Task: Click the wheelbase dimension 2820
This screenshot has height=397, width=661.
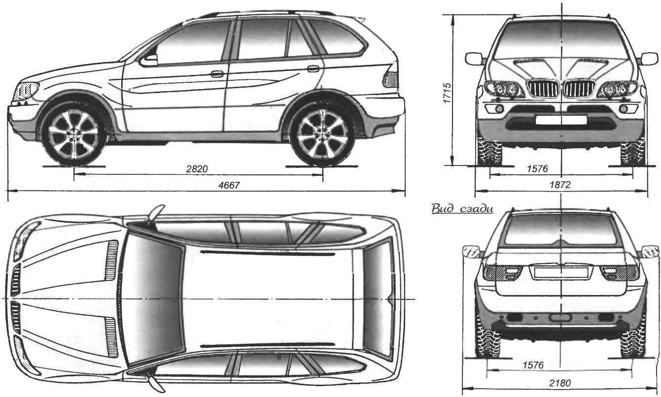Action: pyautogui.click(x=197, y=168)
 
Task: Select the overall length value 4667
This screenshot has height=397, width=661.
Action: pyautogui.click(x=227, y=185)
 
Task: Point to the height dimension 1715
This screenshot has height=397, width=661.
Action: pyautogui.click(x=447, y=92)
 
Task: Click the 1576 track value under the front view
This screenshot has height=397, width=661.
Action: pyautogui.click(x=537, y=168)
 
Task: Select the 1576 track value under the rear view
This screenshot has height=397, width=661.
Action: pyautogui.click(x=533, y=365)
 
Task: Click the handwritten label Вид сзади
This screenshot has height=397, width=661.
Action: pyautogui.click(x=462, y=208)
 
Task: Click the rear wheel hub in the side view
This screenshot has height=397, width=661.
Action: pyautogui.click(x=323, y=134)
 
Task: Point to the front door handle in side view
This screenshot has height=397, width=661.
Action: pyautogui.click(x=217, y=74)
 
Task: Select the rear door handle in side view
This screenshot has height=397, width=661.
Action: pyautogui.click(x=313, y=68)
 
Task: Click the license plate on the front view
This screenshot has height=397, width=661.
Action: pyautogui.click(x=561, y=120)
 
